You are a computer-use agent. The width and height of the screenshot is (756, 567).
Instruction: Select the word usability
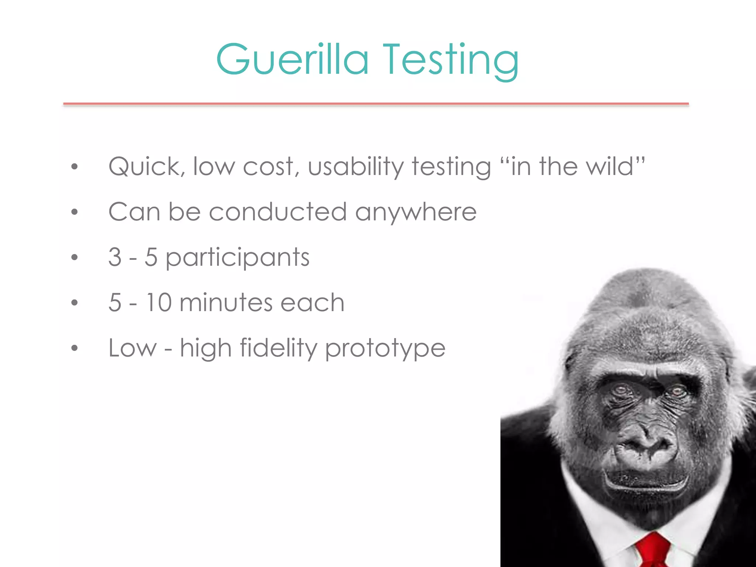coord(356,167)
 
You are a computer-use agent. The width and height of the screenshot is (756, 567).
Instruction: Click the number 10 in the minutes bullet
coord(159,303)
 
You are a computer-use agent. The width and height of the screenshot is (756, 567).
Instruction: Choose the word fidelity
coord(279,348)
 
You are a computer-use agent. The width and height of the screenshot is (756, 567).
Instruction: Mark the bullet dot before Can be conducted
coord(75,212)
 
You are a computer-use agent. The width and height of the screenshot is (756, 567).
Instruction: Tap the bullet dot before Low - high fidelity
coord(75,348)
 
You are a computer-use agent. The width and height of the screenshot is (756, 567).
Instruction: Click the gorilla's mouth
coord(646,480)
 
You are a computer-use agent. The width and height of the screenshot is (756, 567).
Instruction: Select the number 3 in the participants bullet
coord(115,257)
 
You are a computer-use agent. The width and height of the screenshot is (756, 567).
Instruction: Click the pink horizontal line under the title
coord(376,104)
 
